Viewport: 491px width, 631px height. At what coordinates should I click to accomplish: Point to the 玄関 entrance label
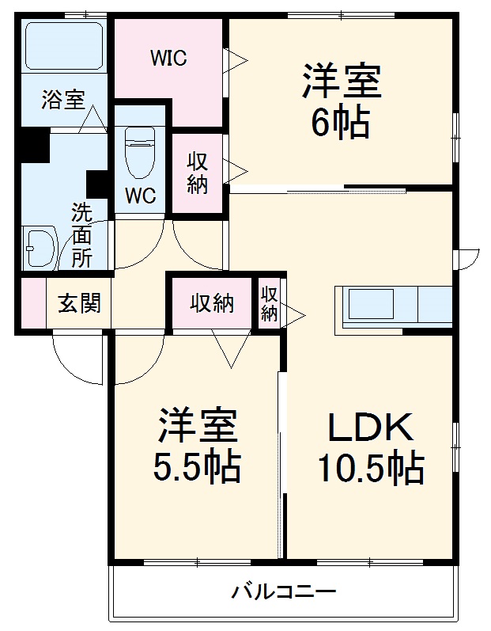78,303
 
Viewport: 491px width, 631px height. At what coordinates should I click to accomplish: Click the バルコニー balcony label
284,591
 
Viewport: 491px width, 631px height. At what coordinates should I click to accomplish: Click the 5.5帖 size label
197,468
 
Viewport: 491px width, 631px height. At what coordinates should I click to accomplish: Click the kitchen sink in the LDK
371,305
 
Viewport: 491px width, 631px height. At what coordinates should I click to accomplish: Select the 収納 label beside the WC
197,173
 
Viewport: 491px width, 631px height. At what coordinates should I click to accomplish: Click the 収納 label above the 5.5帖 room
211,302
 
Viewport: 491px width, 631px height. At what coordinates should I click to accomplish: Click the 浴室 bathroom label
63,101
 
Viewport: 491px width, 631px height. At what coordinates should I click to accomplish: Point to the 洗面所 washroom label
81,234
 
